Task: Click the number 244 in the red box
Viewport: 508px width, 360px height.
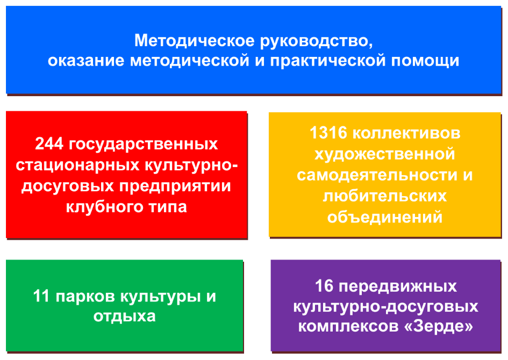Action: pos(49,144)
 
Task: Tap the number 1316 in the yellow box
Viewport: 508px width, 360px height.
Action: pos(328,133)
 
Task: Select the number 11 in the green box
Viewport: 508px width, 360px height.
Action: pos(41,296)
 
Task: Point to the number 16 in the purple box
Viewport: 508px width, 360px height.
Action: pos(324,286)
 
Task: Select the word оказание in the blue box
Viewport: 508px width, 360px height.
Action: pos(86,61)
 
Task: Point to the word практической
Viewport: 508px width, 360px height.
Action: pos(328,61)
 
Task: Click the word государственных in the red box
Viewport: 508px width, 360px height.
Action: pos(143,145)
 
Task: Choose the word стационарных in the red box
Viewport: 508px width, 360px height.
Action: pos(78,165)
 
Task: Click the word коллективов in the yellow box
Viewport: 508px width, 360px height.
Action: pos(406,133)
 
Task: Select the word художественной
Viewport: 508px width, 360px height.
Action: pos(385,154)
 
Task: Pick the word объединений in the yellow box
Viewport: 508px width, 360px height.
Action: pos(385,217)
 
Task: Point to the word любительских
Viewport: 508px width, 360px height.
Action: pos(385,196)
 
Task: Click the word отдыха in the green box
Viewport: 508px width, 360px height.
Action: pos(124,316)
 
